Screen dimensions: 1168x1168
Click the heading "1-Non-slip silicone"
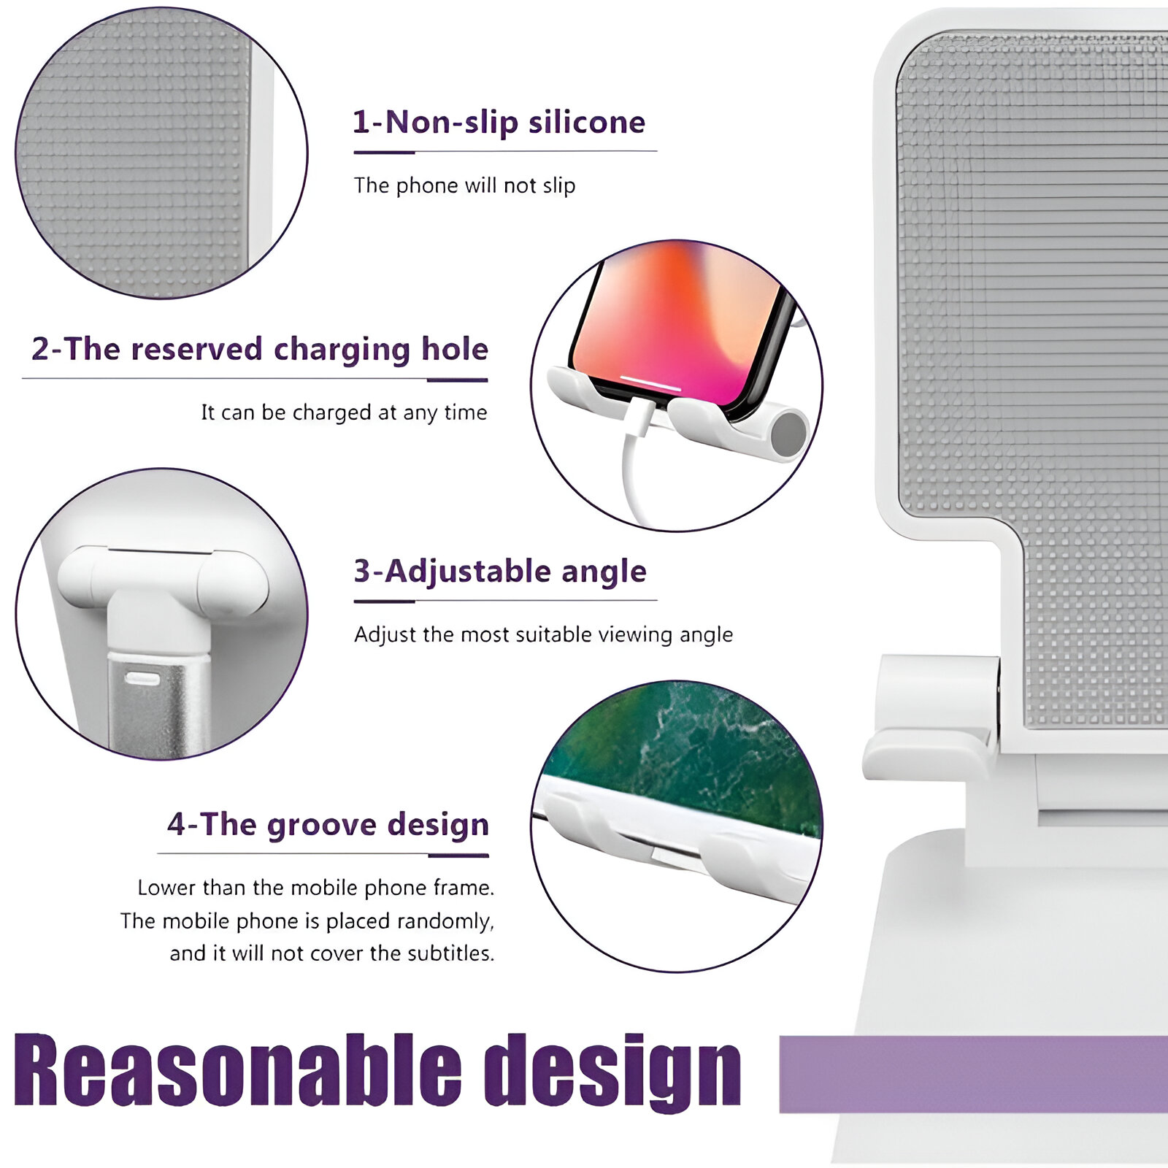[499, 123]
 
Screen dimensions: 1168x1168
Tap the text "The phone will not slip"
[465, 185]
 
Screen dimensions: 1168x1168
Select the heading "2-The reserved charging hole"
[260, 350]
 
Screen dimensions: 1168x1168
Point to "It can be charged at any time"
[345, 412]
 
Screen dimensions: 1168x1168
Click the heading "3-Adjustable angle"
[500, 572]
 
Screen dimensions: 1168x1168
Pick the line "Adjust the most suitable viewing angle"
[544, 634]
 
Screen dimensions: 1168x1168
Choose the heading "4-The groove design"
[328, 825]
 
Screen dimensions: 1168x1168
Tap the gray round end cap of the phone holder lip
[788, 434]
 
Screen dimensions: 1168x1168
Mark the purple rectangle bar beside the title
[974, 1073]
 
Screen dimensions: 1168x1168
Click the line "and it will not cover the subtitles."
[332, 953]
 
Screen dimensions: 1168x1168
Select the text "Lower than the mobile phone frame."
[316, 888]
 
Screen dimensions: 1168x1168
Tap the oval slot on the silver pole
[142, 680]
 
